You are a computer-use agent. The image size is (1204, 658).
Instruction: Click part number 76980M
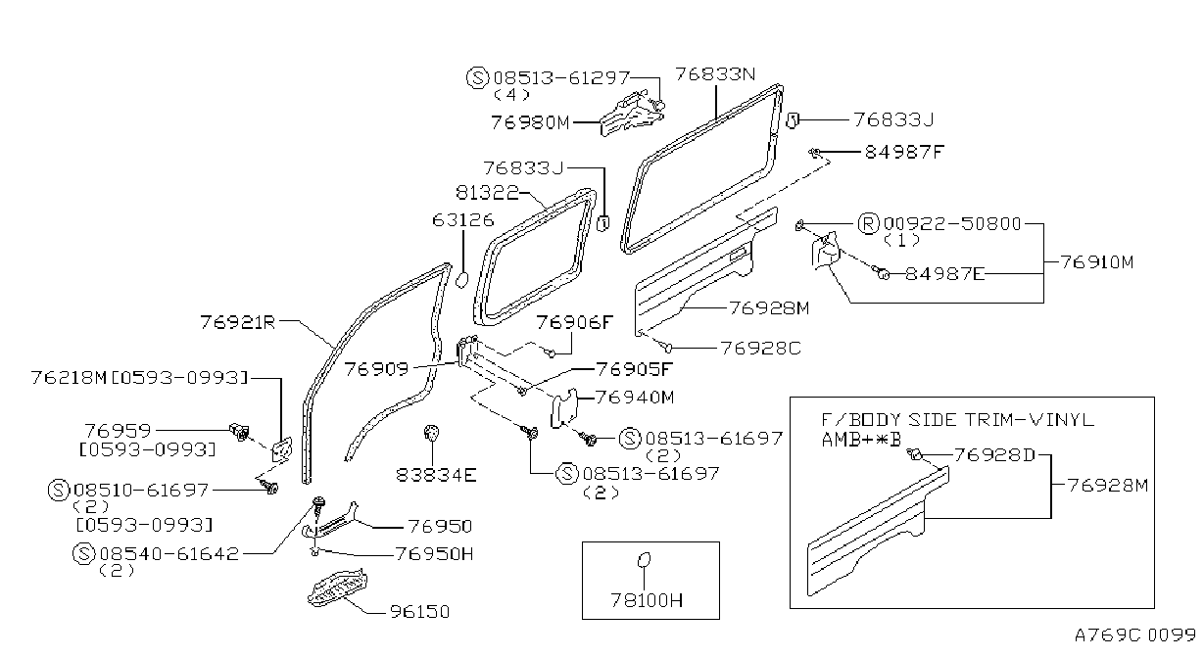coord(530,123)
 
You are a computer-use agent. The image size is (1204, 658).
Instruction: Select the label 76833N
coord(715,73)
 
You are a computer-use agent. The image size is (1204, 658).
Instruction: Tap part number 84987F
coord(904,152)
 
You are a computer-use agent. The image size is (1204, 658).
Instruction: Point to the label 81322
coord(488,192)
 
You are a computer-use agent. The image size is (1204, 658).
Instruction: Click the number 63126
coord(462,219)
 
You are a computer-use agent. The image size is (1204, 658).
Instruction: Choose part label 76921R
coord(238,322)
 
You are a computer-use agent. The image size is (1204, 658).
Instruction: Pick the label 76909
coord(376,368)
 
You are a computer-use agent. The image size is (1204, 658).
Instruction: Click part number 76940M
coord(635,398)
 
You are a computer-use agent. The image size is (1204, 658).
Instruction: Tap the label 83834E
coord(436,475)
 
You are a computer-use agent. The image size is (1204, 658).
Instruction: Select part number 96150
coord(419,611)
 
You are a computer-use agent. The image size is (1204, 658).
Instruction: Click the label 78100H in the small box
coord(647,600)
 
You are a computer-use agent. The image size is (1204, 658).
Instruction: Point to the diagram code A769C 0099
coord(1134,635)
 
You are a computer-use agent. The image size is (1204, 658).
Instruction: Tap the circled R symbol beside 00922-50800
coord(868,224)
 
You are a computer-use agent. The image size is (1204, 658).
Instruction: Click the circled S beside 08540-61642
coord(84,554)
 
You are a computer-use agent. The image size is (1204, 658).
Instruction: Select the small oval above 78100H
coord(644,560)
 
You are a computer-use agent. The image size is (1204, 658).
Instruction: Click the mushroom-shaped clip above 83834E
coord(431,432)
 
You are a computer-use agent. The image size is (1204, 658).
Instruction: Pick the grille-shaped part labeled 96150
coord(338,587)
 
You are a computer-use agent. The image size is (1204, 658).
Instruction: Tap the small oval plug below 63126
coord(461,280)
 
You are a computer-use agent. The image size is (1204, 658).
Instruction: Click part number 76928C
coord(760,348)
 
